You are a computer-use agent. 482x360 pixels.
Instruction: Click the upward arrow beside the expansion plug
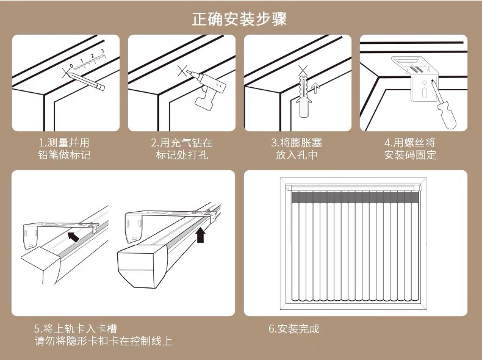315,92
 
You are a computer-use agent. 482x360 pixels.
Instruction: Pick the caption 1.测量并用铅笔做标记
64,149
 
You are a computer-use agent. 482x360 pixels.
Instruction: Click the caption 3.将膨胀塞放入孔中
297,149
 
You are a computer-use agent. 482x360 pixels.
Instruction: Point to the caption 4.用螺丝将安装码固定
410,149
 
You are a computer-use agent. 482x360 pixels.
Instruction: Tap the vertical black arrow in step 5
201,234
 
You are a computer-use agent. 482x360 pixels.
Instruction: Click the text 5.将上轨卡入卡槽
76,329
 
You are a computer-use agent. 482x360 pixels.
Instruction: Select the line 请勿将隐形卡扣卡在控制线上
103,341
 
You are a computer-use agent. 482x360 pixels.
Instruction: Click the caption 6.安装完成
293,329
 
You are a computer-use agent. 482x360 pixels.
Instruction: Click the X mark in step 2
181,71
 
